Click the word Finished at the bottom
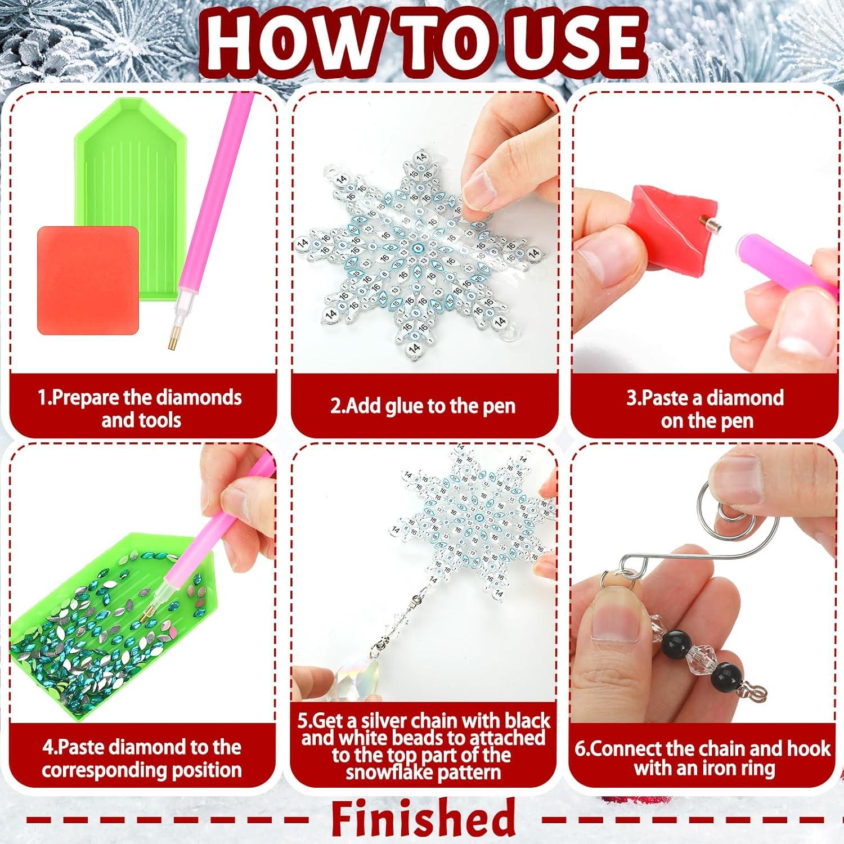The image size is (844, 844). coord(423,819)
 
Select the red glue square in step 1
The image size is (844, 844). coord(88,280)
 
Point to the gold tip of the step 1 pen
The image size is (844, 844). coord(169,339)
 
